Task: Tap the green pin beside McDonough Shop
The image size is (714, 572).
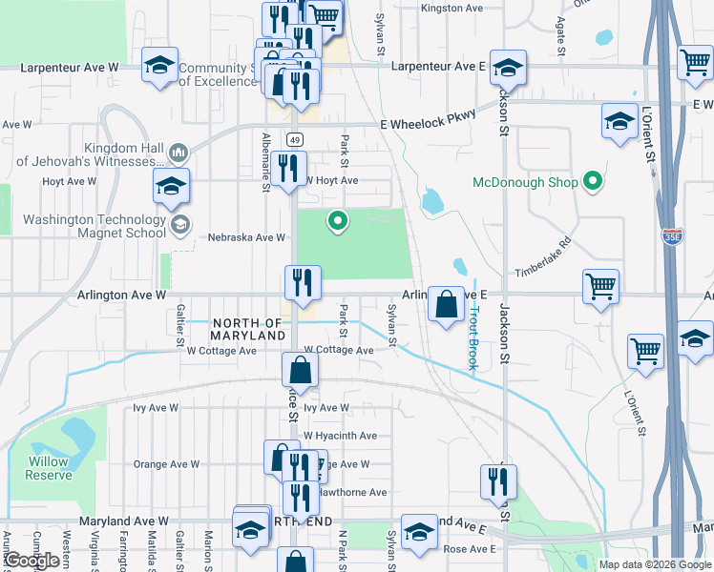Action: coord(593,181)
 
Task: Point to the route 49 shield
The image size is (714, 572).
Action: coord(295,139)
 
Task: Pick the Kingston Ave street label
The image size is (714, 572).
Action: coord(452,8)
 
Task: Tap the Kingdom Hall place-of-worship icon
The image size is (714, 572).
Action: coord(178,153)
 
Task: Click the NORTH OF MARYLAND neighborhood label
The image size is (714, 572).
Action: coord(248,330)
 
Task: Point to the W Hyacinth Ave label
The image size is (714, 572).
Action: coord(341,435)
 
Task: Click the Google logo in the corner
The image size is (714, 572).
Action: coord(32,560)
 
